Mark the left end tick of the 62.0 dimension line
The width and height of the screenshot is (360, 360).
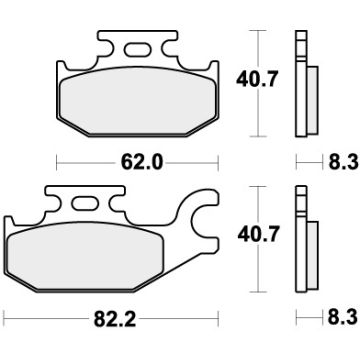click(56, 157)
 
